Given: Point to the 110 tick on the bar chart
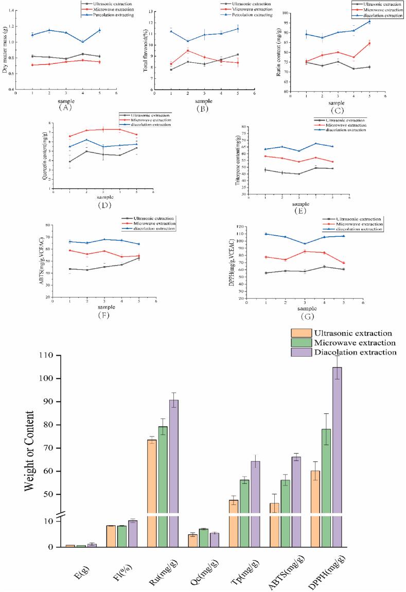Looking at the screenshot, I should point(48,355).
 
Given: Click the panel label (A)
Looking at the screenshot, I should point(65,108).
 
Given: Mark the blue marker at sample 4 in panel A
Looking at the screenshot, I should point(82,42).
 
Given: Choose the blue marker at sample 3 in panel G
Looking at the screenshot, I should point(305,243).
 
